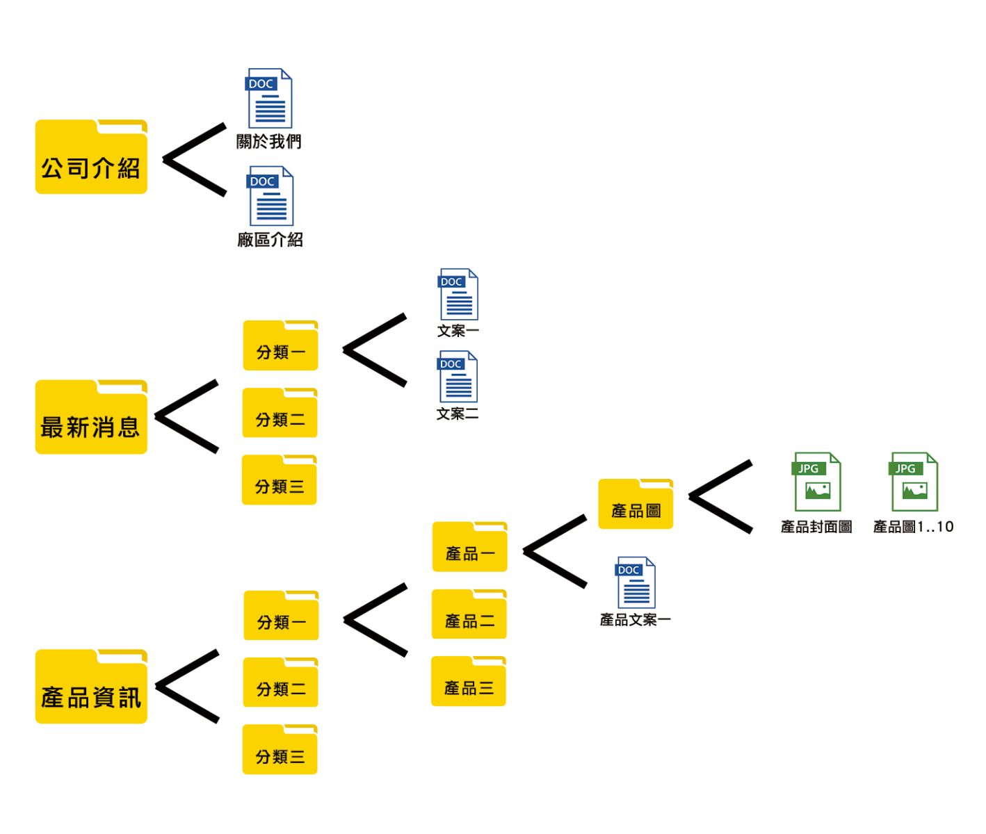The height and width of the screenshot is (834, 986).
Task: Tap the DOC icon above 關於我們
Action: (270, 98)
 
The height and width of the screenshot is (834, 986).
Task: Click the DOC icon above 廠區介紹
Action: (270, 196)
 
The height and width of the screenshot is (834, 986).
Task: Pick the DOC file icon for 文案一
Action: (458, 295)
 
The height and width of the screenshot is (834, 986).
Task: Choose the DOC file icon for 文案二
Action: (458, 377)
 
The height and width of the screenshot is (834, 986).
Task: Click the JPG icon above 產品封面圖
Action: (817, 482)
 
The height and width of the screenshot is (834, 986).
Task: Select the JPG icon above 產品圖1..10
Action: (914, 482)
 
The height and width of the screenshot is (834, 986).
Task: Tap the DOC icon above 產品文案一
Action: (636, 583)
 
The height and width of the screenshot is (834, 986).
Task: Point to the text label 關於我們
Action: (269, 142)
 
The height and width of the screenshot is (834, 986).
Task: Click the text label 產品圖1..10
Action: (913, 527)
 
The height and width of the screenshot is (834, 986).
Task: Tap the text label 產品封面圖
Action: (816, 527)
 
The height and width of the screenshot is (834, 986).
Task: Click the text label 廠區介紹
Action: (270, 240)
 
